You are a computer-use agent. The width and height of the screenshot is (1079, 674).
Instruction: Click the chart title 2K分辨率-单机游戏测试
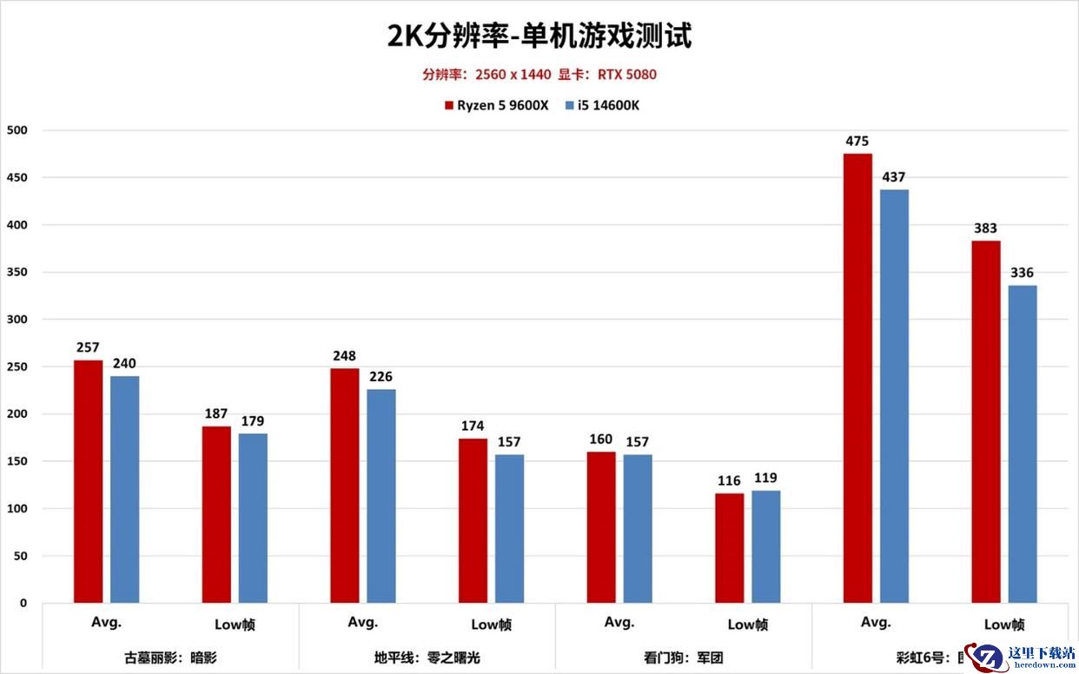539,36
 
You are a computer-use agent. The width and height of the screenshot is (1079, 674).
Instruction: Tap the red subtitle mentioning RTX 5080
539,75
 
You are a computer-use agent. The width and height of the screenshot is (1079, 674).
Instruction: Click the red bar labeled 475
857,378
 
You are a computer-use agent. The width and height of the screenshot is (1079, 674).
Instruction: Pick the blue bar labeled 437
894,396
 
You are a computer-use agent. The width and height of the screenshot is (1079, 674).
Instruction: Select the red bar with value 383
986,421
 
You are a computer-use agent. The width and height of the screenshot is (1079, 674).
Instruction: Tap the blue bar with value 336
1023,444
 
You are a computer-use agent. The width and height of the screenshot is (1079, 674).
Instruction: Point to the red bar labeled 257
88,481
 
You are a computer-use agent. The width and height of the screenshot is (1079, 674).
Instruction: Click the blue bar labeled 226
381,496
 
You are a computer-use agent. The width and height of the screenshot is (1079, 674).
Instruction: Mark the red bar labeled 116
730,548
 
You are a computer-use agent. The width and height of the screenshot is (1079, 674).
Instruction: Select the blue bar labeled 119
766,546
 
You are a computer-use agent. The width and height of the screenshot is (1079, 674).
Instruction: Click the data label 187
216,412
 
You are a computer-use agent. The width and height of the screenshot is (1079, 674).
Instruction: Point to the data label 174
473,426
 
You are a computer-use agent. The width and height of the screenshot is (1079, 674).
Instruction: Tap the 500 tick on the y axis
17,130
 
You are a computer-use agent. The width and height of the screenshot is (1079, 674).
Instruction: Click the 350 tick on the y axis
17,272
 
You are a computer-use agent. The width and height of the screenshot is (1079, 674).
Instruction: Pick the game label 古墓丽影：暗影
170,657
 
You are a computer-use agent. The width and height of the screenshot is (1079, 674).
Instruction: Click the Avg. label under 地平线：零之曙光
363,622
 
